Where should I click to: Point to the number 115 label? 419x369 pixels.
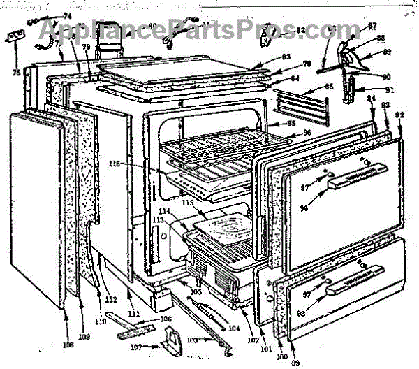pos(206,202)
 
